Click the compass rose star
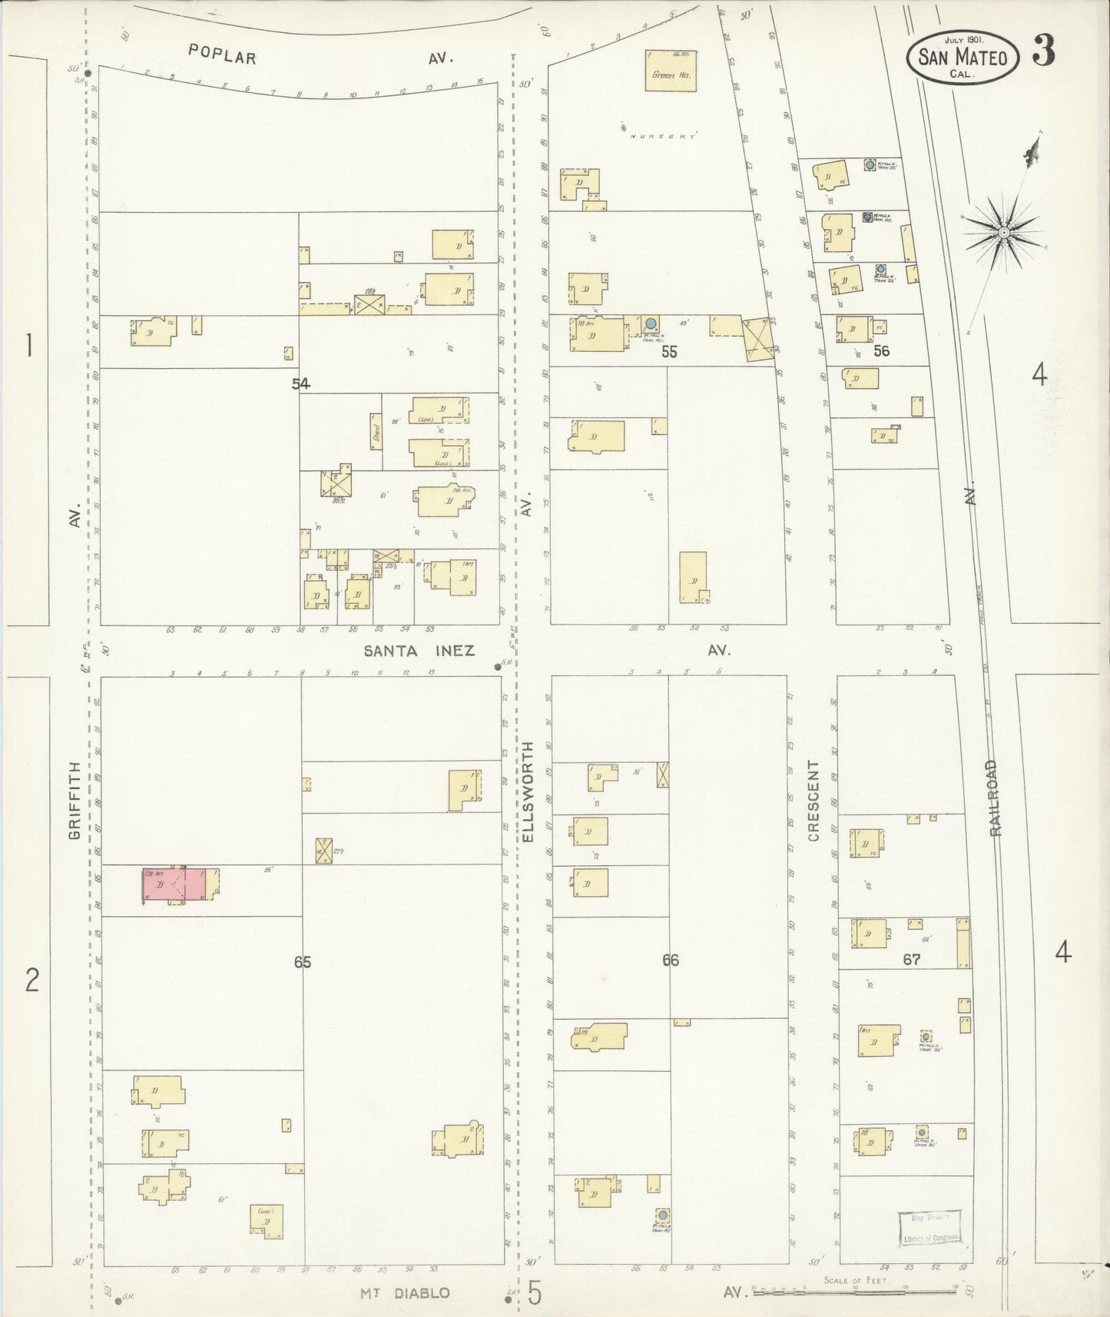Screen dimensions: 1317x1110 [x=1003, y=231]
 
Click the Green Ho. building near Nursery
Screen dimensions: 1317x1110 [x=671, y=71]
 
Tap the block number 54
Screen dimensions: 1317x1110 [x=301, y=383]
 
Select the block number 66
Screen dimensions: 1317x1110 [x=671, y=960]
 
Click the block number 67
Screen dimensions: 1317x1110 [x=912, y=960]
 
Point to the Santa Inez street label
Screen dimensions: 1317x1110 [x=419, y=651]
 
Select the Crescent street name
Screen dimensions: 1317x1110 [x=813, y=801]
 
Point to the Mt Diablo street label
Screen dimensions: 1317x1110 [x=405, y=1292]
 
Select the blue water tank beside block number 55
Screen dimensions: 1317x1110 [x=651, y=324]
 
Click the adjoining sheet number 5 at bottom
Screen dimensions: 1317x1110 [x=535, y=1292]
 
